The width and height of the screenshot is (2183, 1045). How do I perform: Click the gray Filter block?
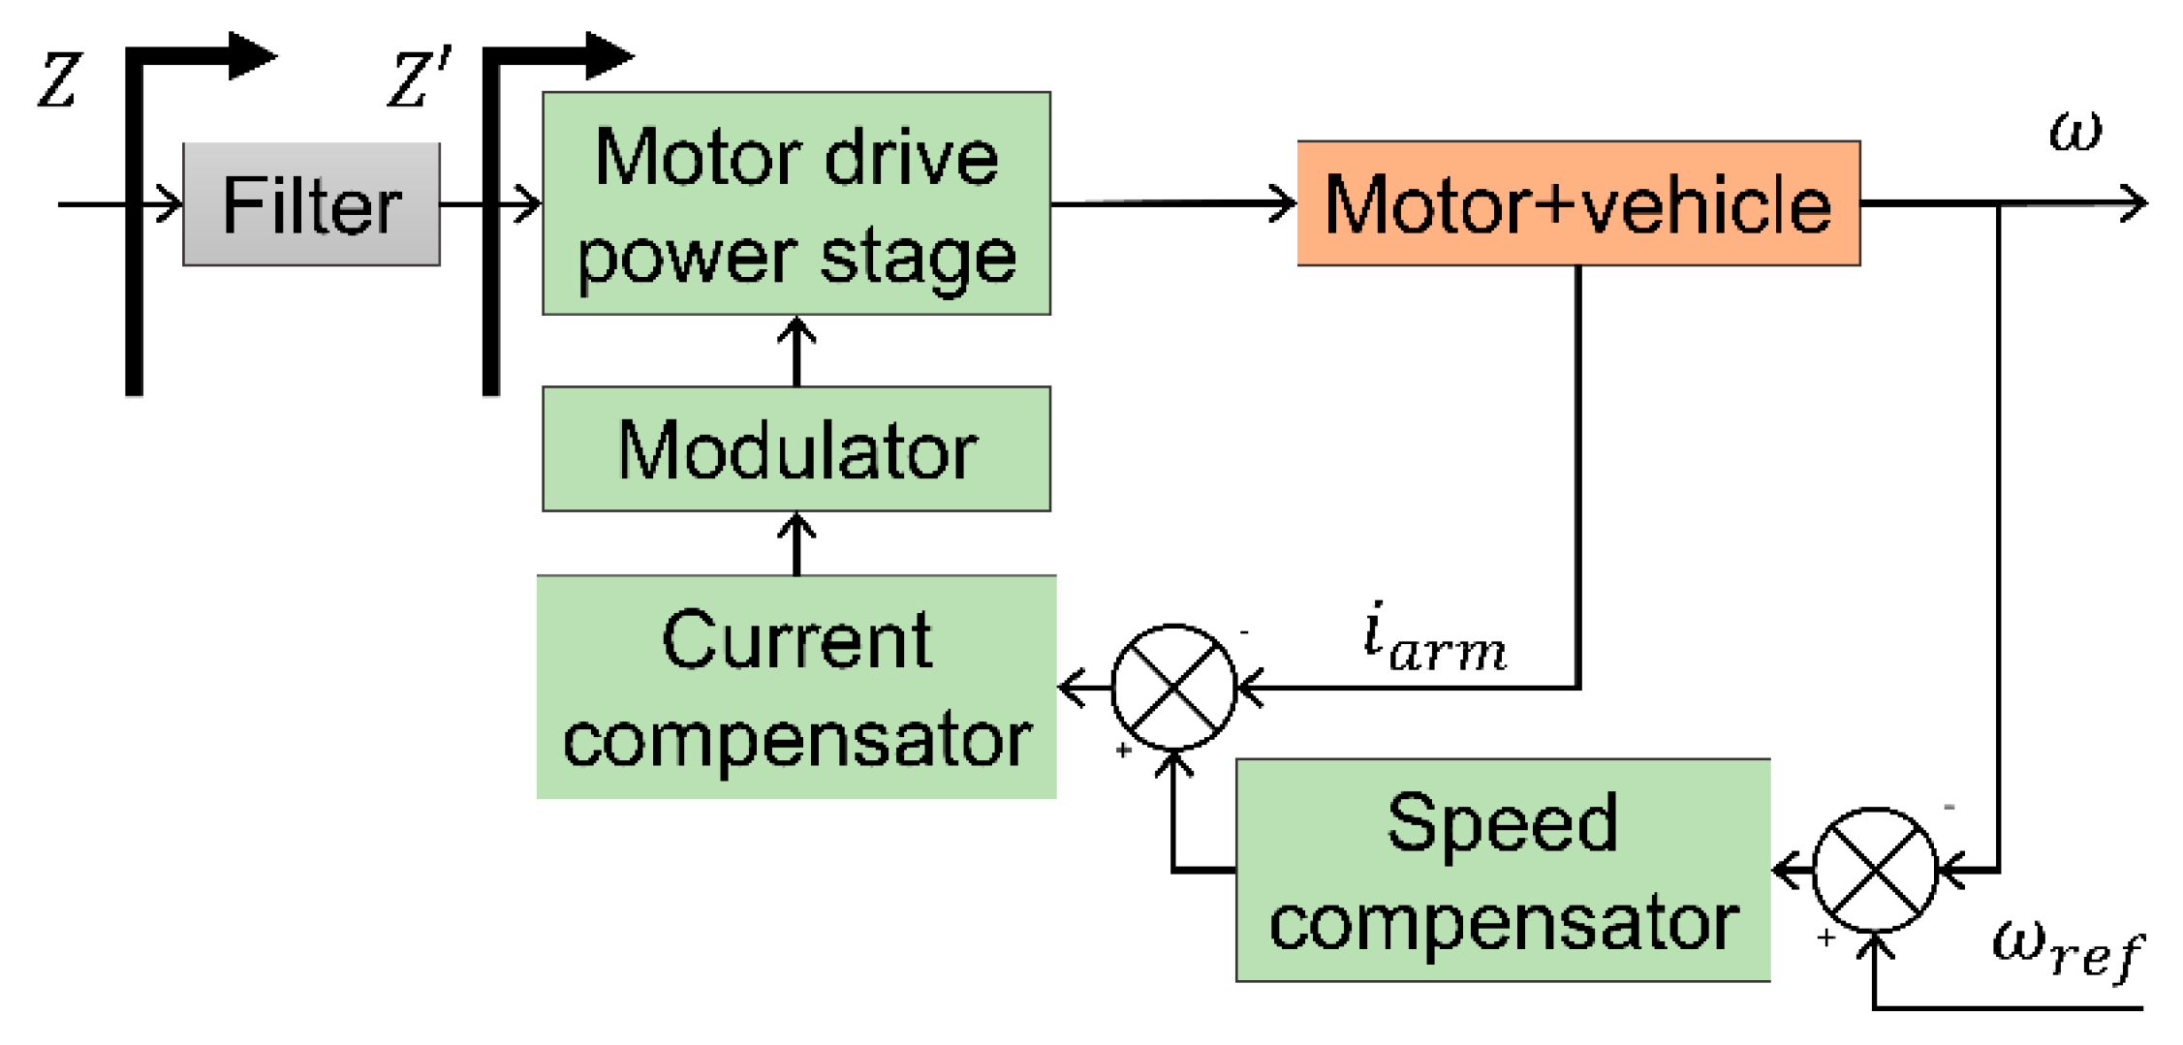point(311,204)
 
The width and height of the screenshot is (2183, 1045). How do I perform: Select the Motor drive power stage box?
point(795,203)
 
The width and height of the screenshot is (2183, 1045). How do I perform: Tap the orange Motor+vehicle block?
point(1577,203)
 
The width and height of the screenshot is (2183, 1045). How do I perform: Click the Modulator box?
point(795,449)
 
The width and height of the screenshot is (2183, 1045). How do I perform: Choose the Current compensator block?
point(795,688)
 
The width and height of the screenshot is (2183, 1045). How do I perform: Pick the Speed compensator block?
point(1502,870)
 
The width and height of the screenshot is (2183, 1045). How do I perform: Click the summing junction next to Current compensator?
point(1173,688)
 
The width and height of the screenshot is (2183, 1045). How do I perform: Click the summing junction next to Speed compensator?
point(1874,870)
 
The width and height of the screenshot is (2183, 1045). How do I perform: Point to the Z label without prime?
point(58,80)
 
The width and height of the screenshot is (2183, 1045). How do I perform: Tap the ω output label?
point(2074,130)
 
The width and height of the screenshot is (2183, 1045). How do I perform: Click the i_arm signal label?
point(1434,639)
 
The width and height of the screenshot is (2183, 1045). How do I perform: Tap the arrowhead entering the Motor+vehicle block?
point(1284,203)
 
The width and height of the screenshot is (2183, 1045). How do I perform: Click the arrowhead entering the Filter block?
point(171,204)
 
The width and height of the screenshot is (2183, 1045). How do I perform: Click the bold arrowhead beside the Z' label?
point(608,55)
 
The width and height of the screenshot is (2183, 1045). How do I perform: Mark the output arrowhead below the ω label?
point(2135,203)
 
